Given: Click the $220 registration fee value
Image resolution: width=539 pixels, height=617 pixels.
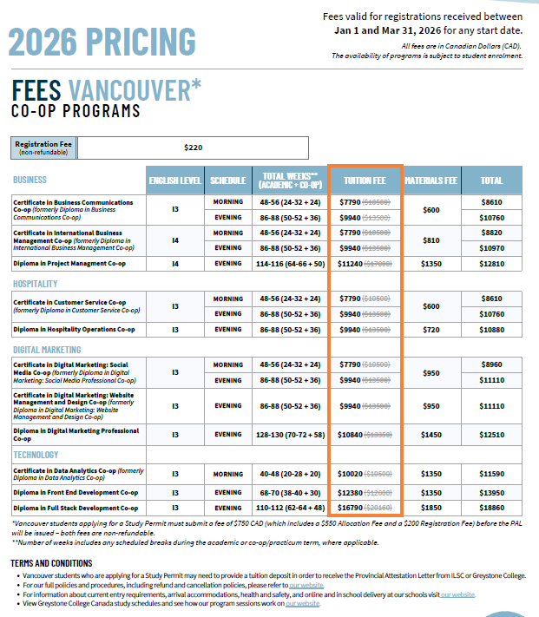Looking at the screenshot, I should coord(194,148).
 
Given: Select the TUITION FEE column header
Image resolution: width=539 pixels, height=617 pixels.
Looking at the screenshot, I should coord(365,181).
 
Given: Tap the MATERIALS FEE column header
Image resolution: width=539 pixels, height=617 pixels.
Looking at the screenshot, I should coord(431,181).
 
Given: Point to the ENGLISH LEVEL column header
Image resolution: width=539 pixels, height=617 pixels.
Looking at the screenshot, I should coord(174,181).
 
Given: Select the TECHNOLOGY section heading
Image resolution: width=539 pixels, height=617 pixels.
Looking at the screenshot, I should coord(36,454).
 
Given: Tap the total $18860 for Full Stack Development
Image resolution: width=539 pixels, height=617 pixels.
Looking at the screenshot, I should coord(491,507).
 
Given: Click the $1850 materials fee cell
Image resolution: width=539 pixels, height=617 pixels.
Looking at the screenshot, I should coord(431,507).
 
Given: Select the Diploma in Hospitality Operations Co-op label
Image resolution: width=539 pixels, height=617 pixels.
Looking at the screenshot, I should coord(74,330).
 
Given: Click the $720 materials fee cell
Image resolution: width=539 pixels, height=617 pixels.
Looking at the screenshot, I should coord(431,330).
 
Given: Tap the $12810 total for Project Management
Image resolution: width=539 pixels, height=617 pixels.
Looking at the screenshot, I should coord(491,262).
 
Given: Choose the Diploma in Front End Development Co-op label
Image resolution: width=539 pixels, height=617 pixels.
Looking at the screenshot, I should coord(76,492).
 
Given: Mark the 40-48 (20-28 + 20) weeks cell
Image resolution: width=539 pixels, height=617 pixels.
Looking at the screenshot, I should coord(290,474).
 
